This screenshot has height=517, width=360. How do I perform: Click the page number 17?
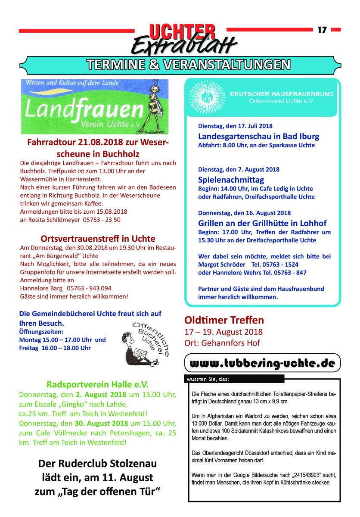[x=322, y=30]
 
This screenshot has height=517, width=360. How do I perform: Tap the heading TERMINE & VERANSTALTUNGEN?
[x=188, y=65]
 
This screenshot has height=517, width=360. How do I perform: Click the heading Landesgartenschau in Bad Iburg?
[x=258, y=137]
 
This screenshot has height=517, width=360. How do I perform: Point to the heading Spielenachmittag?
[x=231, y=180]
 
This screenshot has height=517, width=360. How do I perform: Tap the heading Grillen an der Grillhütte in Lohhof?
[x=262, y=223]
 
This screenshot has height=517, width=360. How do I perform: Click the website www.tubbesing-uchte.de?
[x=262, y=363]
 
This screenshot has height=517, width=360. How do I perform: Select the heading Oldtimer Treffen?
[x=224, y=320]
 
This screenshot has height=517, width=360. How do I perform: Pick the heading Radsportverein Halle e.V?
[x=97, y=383]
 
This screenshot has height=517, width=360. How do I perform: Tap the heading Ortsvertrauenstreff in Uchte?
[x=98, y=238]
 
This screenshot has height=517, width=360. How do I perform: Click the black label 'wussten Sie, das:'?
[x=208, y=379]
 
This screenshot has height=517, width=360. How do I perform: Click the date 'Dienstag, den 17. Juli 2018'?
[x=235, y=126]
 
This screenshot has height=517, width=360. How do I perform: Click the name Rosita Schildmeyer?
[x=57, y=219]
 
